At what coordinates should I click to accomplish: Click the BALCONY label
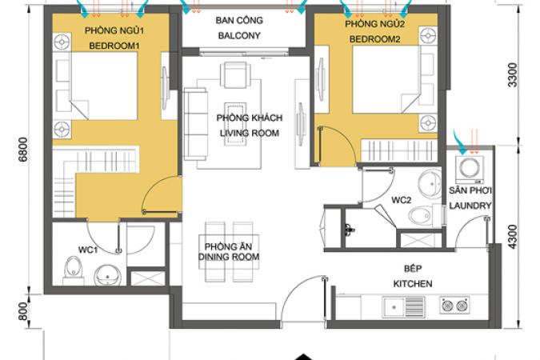click(x=239, y=35)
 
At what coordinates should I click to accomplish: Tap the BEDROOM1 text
click(x=114, y=46)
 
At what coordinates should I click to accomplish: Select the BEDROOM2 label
click(x=374, y=39)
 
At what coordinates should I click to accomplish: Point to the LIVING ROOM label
click(x=250, y=133)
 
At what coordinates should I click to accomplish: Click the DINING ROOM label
click(x=229, y=257)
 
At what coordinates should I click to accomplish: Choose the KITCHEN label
click(x=413, y=284)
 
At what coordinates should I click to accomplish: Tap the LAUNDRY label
click(x=470, y=206)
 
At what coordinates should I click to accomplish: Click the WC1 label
click(x=88, y=250)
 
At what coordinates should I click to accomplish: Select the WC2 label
click(x=402, y=200)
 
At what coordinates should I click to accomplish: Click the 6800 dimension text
click(x=23, y=149)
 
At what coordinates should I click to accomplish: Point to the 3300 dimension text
click(x=513, y=75)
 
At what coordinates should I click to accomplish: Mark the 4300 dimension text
click(x=513, y=237)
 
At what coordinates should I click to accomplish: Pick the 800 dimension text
click(x=23, y=311)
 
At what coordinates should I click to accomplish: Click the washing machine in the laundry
click(x=470, y=170)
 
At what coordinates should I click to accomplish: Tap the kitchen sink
click(x=403, y=306)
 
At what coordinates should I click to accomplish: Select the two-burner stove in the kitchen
click(x=454, y=306)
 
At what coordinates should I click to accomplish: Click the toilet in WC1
click(x=74, y=270)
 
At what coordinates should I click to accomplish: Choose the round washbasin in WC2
click(x=430, y=184)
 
